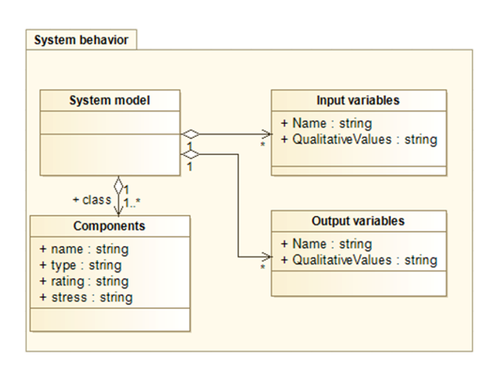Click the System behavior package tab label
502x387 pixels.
(81, 40)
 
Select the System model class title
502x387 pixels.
(110, 100)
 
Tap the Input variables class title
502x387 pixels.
(358, 100)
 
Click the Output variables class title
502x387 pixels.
(358, 221)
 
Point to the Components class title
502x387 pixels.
(109, 226)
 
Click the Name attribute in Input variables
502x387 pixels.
(326, 123)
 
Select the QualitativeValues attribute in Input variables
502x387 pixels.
(359, 140)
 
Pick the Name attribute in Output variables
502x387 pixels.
(326, 244)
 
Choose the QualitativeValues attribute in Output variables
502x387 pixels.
(359, 260)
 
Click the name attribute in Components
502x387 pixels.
(83, 249)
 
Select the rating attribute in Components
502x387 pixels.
(83, 281)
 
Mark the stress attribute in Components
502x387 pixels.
(86, 298)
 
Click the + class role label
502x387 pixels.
(92, 200)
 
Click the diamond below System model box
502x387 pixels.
(118, 185)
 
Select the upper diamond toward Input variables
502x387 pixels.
(190, 134)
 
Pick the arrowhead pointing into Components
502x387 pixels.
(118, 211)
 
